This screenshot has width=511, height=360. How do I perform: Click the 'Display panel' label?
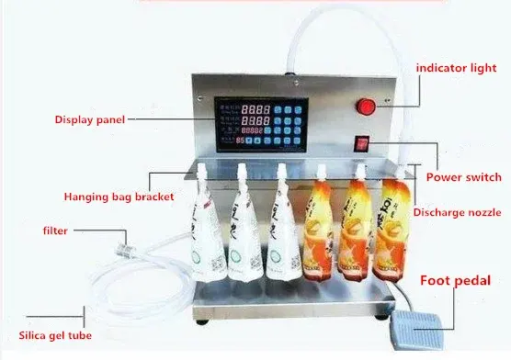(x=88, y=119)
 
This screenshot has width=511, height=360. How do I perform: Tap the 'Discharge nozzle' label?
(x=456, y=213)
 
